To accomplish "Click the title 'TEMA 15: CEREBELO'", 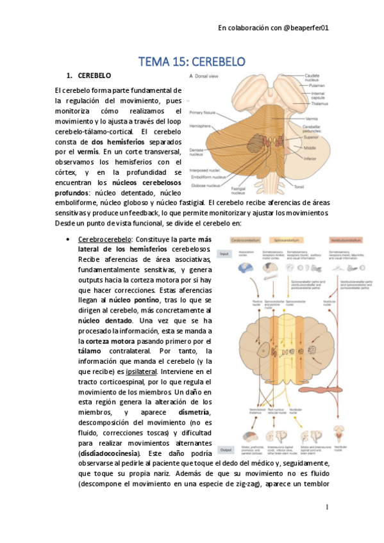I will (x=192, y=61).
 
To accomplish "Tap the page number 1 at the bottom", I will (x=326, y=507).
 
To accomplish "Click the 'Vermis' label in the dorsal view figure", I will (x=312, y=118).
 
